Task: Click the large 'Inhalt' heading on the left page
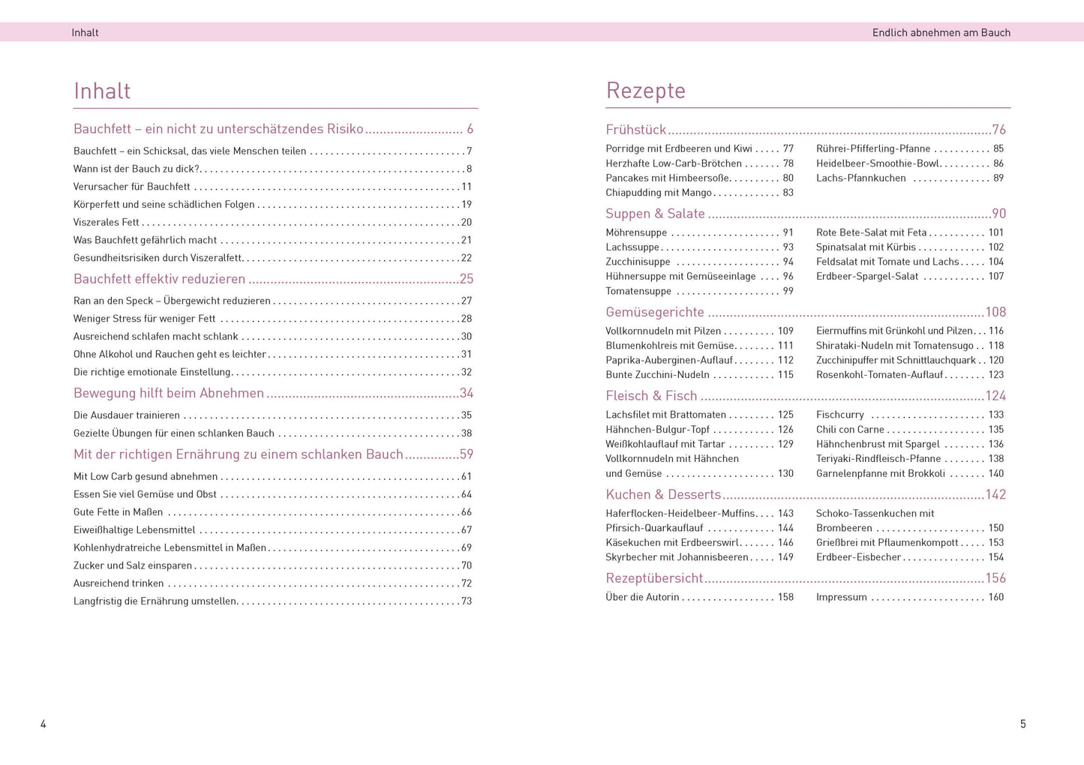102,91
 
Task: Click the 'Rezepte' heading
645,91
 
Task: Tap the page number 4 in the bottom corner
44,724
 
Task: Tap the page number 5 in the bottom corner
1022,724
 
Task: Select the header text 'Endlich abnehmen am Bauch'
941,32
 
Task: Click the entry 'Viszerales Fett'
107,222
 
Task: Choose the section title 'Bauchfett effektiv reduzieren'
159,279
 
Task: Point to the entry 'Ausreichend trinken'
119,583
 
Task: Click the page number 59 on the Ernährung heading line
466,454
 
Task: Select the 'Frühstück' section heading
635,130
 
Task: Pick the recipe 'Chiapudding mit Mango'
658,193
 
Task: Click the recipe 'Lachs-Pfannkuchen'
860,178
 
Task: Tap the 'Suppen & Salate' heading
655,214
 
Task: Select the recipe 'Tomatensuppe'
638,291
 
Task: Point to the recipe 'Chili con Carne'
850,429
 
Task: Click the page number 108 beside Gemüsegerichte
995,312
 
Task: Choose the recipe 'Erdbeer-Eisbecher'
858,557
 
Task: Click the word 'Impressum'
841,597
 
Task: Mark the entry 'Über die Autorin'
642,597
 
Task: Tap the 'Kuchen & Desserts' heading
663,494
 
